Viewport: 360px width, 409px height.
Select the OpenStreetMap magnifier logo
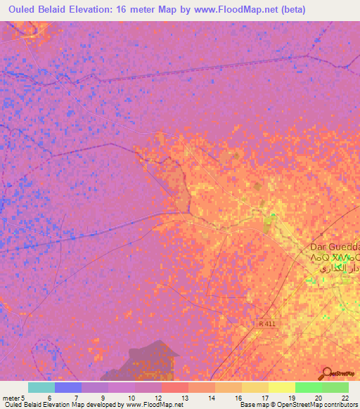tap(327, 373)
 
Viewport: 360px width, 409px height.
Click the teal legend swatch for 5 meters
tap(41, 387)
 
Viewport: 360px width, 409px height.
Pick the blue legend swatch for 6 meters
tap(67, 387)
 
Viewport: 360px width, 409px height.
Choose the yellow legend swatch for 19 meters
tap(281, 387)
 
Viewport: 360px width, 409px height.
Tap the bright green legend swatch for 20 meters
tap(308, 387)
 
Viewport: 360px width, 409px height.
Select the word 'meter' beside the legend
tap(11, 398)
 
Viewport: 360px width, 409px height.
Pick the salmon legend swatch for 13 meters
tap(174, 387)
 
